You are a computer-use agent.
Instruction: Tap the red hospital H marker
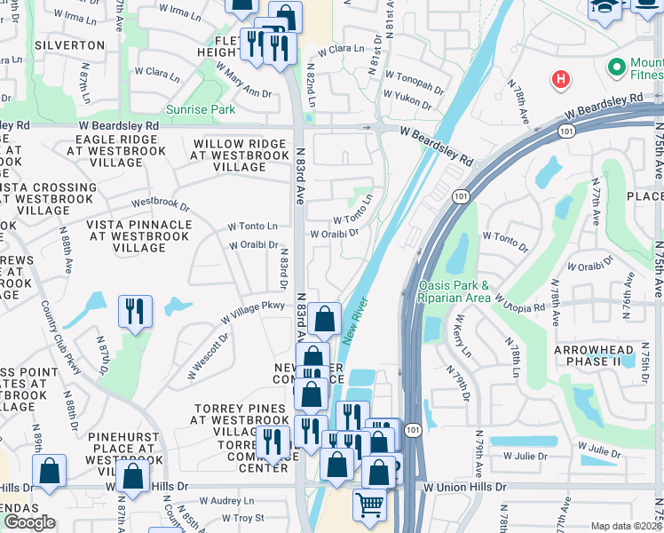coord(559,80)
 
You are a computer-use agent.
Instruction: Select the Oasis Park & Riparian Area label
coord(454,291)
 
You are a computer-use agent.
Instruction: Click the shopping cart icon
coord(369,505)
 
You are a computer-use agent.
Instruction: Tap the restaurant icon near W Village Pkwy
coord(135,312)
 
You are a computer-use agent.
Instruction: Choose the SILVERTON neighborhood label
coord(69,44)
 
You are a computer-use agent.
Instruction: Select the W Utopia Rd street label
coord(519,302)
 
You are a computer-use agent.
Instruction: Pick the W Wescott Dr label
coord(208,354)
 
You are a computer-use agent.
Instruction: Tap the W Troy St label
coord(242,518)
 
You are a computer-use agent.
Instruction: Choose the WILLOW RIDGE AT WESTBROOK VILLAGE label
coord(240,155)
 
